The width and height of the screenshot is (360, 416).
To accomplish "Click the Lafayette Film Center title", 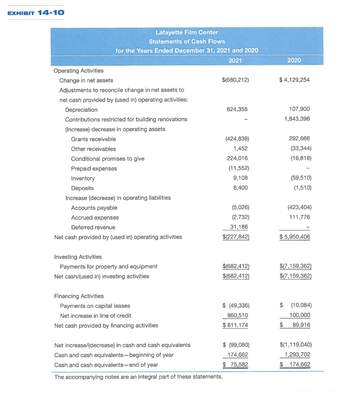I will [x=187, y=32].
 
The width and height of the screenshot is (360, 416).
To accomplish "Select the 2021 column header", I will [x=236, y=61].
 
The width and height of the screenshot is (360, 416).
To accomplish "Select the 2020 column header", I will [x=294, y=61].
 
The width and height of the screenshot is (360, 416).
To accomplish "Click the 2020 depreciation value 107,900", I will [x=300, y=110].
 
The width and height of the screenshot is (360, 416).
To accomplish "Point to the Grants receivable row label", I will [x=93, y=139].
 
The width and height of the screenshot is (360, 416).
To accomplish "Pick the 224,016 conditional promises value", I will [x=239, y=158].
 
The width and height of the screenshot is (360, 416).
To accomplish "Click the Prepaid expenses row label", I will [x=94, y=169].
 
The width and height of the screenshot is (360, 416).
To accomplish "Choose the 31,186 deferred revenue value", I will [x=239, y=227].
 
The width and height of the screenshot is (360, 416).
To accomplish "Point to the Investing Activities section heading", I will [x=78, y=257].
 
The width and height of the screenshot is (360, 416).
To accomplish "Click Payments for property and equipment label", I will [x=108, y=266].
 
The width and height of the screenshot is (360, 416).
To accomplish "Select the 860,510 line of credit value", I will [x=237, y=316].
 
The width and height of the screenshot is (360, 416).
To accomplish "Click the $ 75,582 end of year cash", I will [x=236, y=365].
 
